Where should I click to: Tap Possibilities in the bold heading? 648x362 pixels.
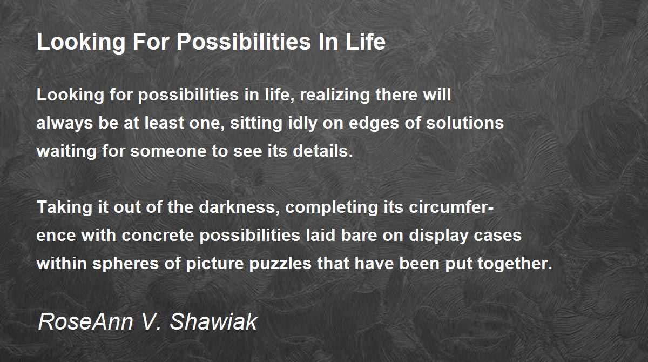[244, 42]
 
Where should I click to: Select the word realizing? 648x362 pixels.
[335, 95]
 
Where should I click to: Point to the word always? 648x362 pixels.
[64, 123]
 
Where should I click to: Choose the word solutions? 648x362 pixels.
[464, 123]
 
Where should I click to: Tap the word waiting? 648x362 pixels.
[66, 151]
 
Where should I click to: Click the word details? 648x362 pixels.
[322, 151]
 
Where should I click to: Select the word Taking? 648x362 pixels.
[64, 207]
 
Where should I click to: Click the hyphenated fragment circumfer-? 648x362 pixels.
[451, 207]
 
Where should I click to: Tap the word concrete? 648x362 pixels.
[158, 236]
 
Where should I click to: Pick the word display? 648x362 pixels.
[438, 236]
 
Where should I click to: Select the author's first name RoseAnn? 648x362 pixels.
[86, 321]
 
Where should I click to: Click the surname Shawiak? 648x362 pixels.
[213, 321]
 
